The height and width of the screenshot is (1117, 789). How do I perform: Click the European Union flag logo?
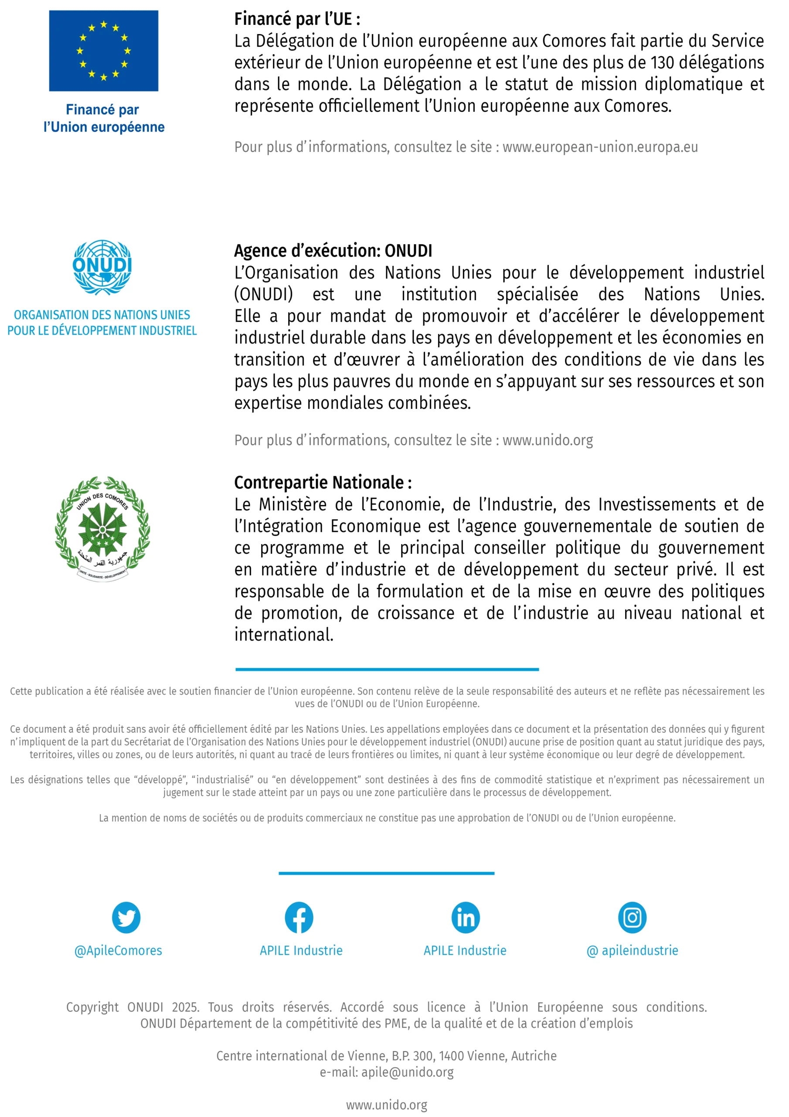pyautogui.click(x=104, y=51)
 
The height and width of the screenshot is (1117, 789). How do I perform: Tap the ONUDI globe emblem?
pyautogui.click(x=102, y=267)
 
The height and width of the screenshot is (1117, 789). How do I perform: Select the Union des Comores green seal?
pyautogui.click(x=102, y=528)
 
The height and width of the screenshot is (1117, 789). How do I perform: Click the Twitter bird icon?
pyautogui.click(x=126, y=918)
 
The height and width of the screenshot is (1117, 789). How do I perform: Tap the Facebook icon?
pyautogui.click(x=299, y=918)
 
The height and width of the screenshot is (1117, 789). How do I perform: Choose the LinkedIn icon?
pyautogui.click(x=466, y=918)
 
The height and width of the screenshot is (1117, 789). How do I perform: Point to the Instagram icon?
pyautogui.click(x=633, y=918)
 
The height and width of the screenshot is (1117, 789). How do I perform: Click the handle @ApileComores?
pyautogui.click(x=118, y=951)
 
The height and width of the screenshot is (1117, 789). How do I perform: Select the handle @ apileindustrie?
pyautogui.click(x=633, y=951)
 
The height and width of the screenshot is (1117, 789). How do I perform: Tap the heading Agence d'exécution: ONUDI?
pyautogui.click(x=333, y=251)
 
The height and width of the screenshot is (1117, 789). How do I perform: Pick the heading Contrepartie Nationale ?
pyautogui.click(x=323, y=483)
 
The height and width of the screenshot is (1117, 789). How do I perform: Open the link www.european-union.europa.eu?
pyautogui.click(x=600, y=147)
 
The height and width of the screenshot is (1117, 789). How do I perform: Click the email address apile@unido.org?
pyautogui.click(x=408, y=1072)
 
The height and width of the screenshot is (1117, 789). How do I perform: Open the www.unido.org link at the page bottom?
pyautogui.click(x=387, y=1105)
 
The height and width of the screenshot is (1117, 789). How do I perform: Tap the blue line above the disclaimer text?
pyautogui.click(x=387, y=669)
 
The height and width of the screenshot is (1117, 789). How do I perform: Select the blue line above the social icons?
pyautogui.click(x=387, y=873)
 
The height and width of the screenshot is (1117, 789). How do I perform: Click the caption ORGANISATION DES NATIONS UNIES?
pyautogui.click(x=102, y=315)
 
